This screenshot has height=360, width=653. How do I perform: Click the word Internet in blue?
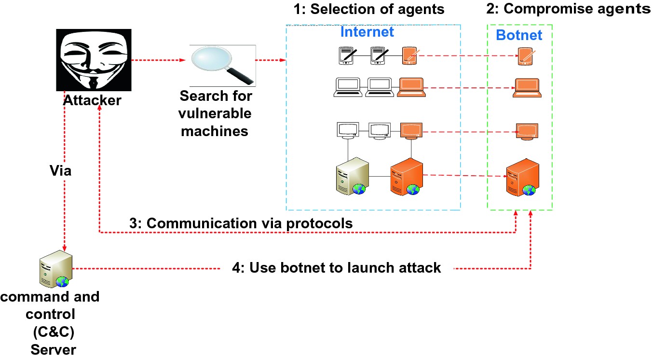tap(367, 32)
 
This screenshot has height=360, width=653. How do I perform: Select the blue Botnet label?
tap(519, 35)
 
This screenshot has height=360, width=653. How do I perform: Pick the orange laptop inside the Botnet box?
tap(526, 88)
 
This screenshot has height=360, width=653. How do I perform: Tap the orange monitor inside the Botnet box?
tap(527, 131)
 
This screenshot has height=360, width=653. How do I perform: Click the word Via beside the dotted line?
tap(61, 170)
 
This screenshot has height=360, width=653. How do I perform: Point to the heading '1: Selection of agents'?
tap(369, 9)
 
